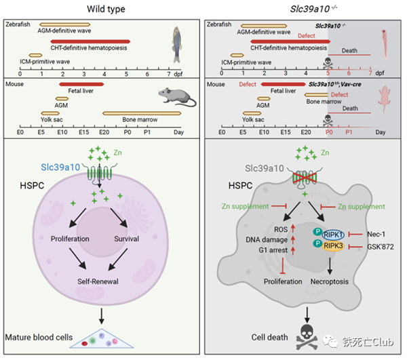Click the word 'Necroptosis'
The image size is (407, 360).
[313, 281]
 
